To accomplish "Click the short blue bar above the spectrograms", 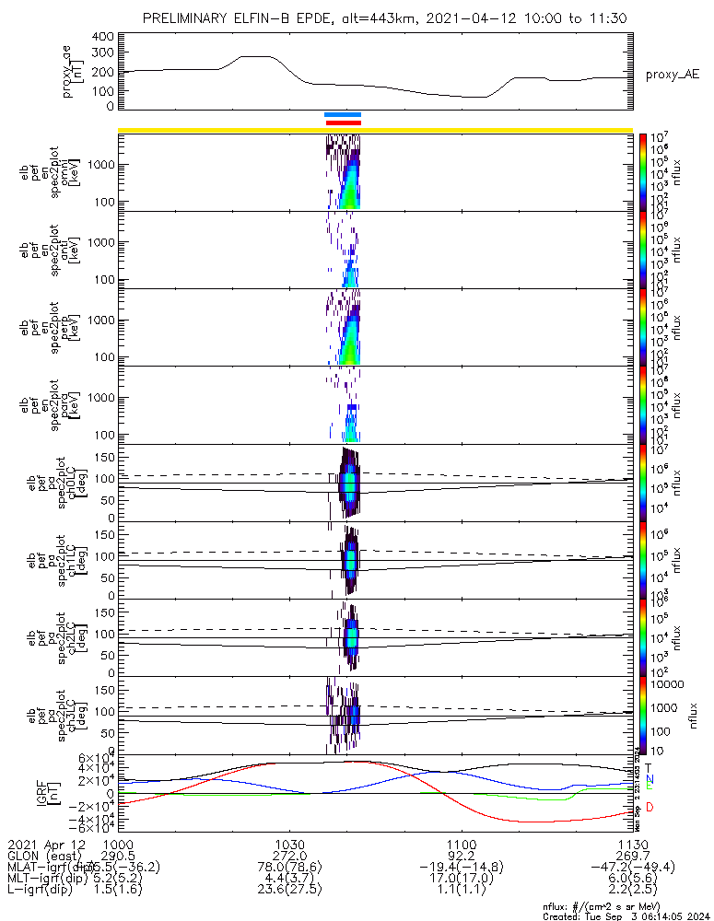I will point(343,115).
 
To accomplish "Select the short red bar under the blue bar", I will point(344,122).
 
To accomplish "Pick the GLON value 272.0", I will point(289,856).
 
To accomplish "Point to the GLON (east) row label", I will point(42,856).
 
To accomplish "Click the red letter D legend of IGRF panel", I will point(650,808).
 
